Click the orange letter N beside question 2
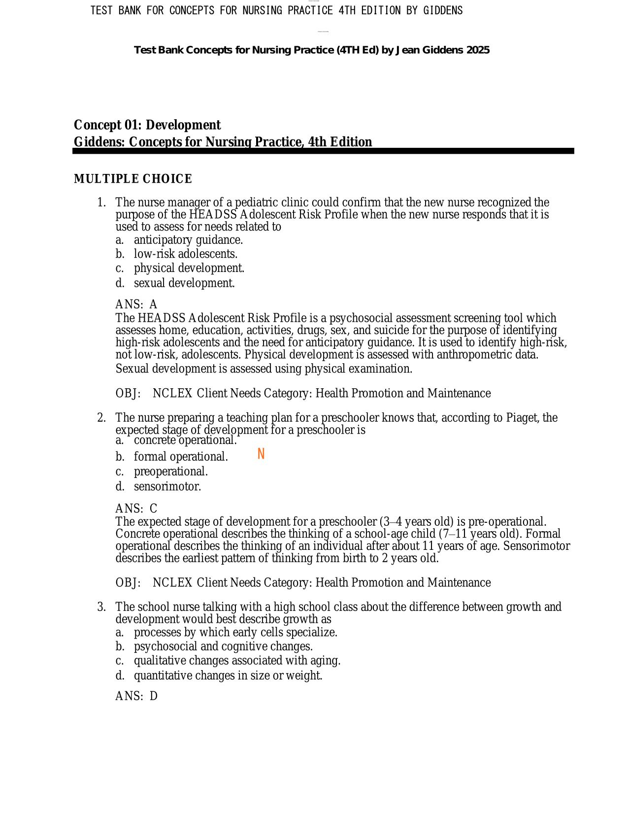point(261,454)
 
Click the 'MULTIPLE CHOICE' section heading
point(133,179)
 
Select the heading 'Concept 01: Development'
point(147,125)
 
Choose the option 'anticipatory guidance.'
point(188,240)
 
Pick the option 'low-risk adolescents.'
point(186,254)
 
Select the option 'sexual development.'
point(184,283)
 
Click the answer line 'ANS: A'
point(136,305)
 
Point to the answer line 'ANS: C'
point(136,508)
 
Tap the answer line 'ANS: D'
point(136,696)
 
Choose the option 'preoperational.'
point(171,472)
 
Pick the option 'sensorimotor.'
point(167,487)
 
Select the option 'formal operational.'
point(181,457)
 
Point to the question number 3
point(101,607)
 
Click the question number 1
point(101,203)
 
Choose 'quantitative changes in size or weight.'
point(228,676)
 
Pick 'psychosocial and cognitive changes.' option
point(223,646)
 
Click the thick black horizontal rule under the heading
point(323,151)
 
